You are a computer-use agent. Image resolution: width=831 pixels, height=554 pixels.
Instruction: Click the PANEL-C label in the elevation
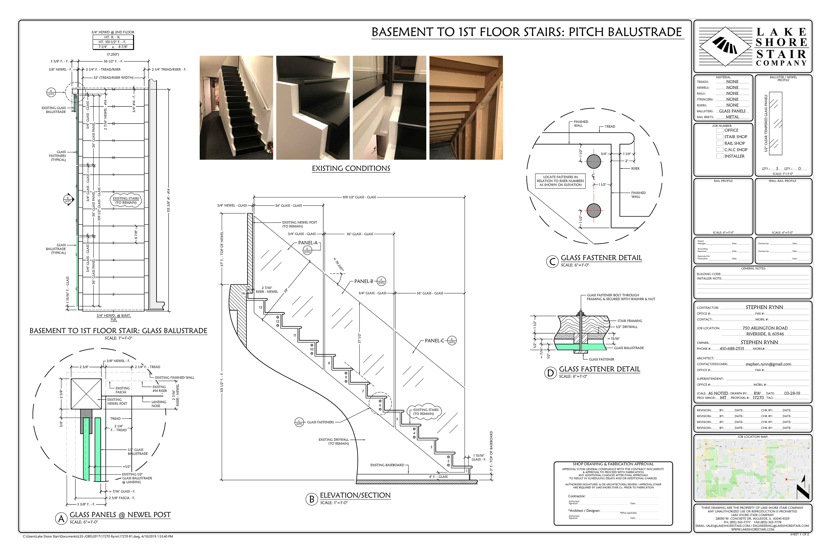434,341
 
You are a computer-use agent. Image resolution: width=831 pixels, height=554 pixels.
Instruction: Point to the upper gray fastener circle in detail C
594,161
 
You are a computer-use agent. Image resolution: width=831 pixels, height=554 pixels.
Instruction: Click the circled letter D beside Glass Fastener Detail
550,373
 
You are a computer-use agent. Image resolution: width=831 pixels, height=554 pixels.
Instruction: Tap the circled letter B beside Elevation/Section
312,499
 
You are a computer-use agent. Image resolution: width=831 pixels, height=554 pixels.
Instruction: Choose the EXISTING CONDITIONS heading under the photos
351,168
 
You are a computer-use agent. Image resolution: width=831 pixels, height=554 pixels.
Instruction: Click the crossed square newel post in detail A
86,394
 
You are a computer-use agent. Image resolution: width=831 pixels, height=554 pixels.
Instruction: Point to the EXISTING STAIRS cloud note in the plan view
126,200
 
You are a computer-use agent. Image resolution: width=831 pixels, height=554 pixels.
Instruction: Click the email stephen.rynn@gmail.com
768,364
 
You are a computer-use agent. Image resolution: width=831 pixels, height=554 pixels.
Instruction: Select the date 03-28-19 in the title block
792,393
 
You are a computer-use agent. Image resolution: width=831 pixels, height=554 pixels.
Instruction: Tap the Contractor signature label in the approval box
577,496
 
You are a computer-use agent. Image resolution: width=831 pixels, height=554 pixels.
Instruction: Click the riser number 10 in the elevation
312,349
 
